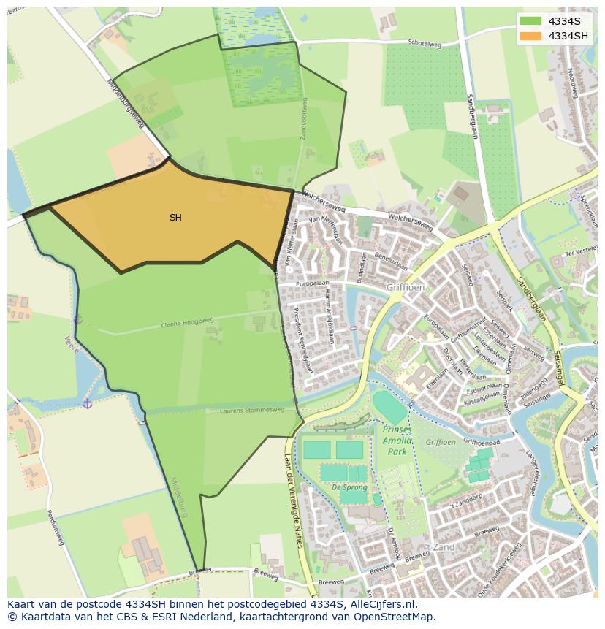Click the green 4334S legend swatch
coord(531,21)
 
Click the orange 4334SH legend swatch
coord(531,36)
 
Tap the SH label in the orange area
coord(175,218)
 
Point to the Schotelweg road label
coord(425,45)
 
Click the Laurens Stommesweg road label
coord(252,411)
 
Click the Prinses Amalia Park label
coord(396,441)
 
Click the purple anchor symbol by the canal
coord(87,403)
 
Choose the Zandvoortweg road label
coord(304,120)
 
